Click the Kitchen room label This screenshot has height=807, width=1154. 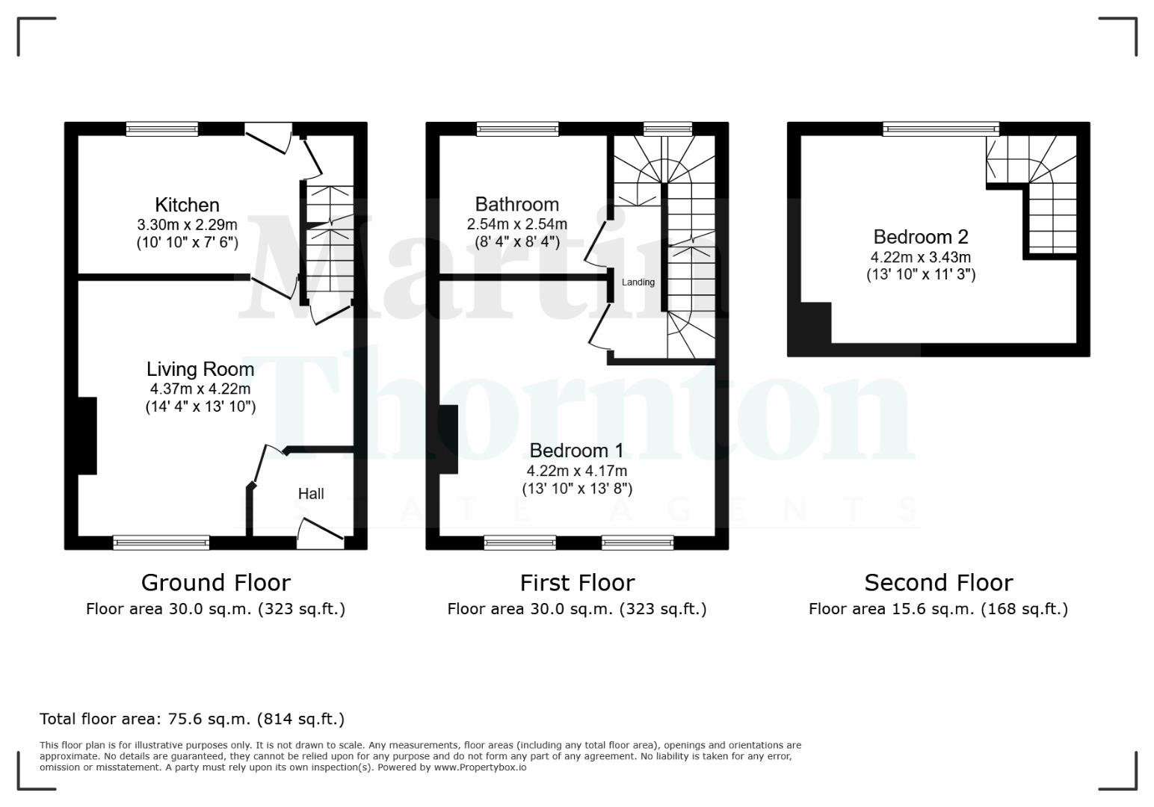click(x=187, y=205)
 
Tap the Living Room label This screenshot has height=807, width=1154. click(x=200, y=369)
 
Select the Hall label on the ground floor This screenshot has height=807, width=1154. click(x=311, y=494)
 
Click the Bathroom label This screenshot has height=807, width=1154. click(x=516, y=204)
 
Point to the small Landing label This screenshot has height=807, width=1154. click(x=638, y=282)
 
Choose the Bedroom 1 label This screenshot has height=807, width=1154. click(x=576, y=451)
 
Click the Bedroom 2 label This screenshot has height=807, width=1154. click(x=921, y=237)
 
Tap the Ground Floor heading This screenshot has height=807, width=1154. click(x=215, y=582)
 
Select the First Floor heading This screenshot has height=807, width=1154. click(x=577, y=582)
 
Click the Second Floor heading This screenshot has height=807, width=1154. click(x=938, y=582)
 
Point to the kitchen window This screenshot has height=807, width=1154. click(x=162, y=129)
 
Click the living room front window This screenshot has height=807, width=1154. click(x=161, y=542)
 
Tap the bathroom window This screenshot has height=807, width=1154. click(x=518, y=129)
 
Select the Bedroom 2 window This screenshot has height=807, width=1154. click(x=940, y=129)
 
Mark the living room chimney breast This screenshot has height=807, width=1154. click(x=87, y=436)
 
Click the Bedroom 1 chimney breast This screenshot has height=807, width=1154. click(x=449, y=439)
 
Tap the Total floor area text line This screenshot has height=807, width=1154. click(x=192, y=720)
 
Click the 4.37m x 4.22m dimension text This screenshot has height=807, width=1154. click(x=200, y=389)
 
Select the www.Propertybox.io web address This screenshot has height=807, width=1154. click(x=480, y=767)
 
